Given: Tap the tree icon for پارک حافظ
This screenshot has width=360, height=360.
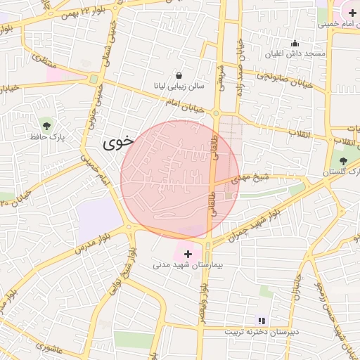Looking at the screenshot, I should pyautogui.click(x=47, y=126).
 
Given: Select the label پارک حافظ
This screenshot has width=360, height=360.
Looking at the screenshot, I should pyautogui.click(x=47, y=136).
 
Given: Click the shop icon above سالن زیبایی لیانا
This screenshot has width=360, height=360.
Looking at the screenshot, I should pyautogui.click(x=179, y=75).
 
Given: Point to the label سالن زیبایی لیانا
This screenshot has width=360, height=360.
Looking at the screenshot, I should pyautogui.click(x=179, y=86).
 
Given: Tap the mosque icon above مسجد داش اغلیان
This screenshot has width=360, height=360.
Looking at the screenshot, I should pyautogui.click(x=295, y=43).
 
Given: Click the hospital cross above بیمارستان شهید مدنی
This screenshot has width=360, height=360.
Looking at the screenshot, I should pyautogui.click(x=188, y=253).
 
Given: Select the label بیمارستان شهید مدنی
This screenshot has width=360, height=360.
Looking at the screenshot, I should pyautogui.click(x=188, y=265).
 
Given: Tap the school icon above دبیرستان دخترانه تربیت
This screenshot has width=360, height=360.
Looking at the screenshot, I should pyautogui.click(x=262, y=321).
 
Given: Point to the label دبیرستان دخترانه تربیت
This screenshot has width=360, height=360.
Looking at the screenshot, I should pyautogui.click(x=262, y=331).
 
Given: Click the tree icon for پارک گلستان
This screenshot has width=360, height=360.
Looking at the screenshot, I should pyautogui.click(x=343, y=161).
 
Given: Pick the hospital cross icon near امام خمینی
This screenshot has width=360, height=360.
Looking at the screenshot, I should pyautogui.click(x=352, y=13).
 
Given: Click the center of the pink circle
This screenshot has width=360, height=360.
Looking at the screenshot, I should pyautogui.click(x=180, y=179).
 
